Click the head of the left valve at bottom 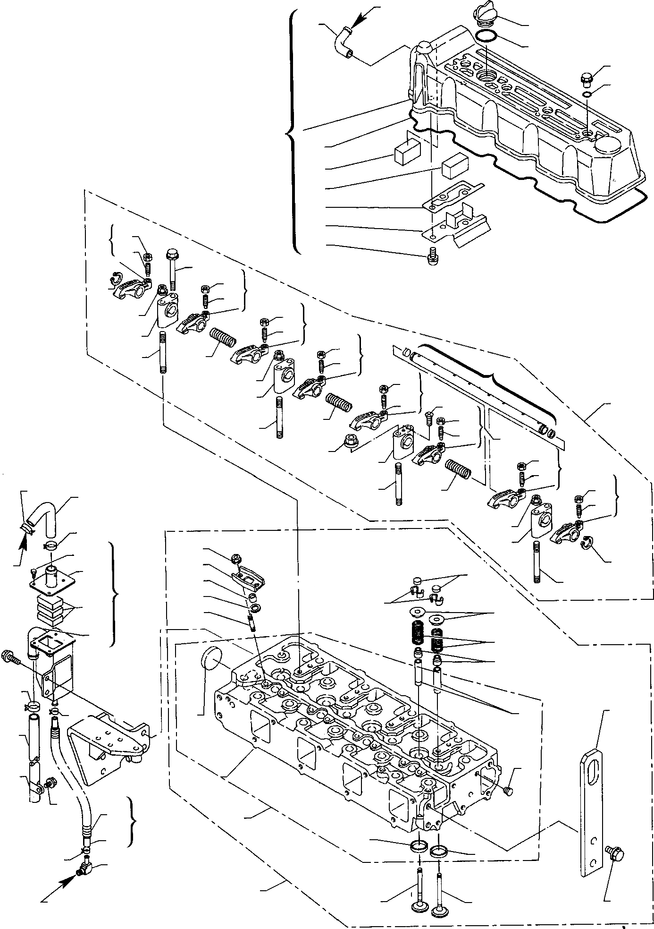tap(418, 908)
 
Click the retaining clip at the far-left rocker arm tap(115, 279)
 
